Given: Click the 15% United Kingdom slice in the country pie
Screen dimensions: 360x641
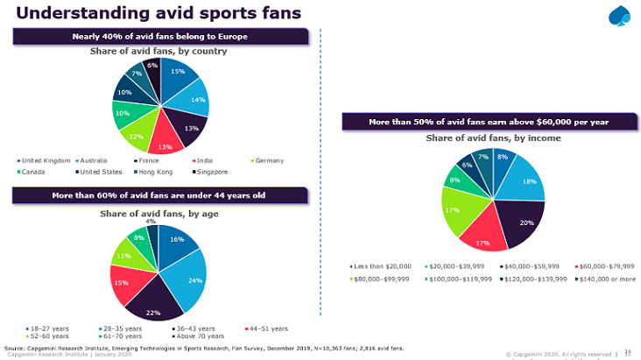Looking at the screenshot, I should tap(178, 73).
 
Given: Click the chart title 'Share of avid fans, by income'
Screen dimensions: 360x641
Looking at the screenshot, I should tap(493, 138).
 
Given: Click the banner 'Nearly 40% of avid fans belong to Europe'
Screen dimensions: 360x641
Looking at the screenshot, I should tap(159, 36).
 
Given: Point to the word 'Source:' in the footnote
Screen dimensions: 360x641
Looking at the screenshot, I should tap(17, 347).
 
